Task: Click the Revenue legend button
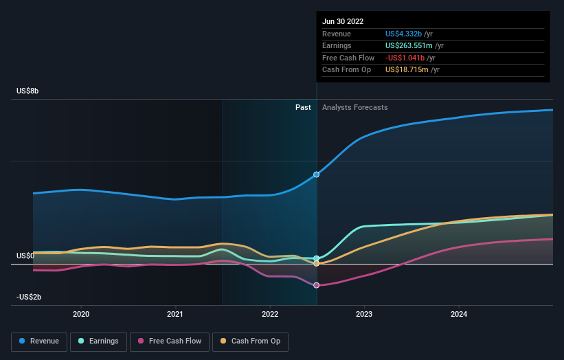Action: point(38,341)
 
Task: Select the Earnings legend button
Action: point(98,341)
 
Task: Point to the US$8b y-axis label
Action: point(28,91)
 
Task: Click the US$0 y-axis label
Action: point(25,256)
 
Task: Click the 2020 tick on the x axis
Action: point(81,314)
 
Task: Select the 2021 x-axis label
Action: point(175,314)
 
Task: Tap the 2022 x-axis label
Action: point(270,314)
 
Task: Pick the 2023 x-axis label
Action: point(364,314)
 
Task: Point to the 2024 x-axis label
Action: point(459,314)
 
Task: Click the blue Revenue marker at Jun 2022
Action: point(317,175)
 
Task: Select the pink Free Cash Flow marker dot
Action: point(317,285)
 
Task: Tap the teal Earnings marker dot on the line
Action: point(317,258)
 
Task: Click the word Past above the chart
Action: point(303,107)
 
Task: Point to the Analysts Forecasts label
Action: point(354,107)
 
